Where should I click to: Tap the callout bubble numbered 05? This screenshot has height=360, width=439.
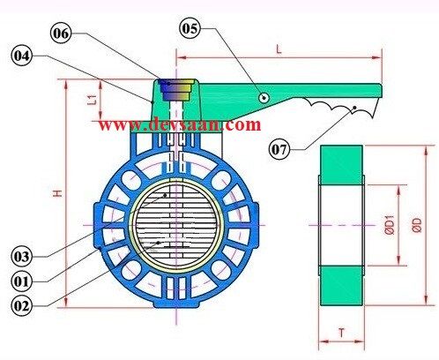point(190,28)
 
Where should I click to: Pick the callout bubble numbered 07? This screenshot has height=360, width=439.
point(280,149)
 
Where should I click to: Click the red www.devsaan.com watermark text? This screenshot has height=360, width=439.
point(180,124)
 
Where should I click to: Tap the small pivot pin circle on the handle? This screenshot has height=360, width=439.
point(264,98)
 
